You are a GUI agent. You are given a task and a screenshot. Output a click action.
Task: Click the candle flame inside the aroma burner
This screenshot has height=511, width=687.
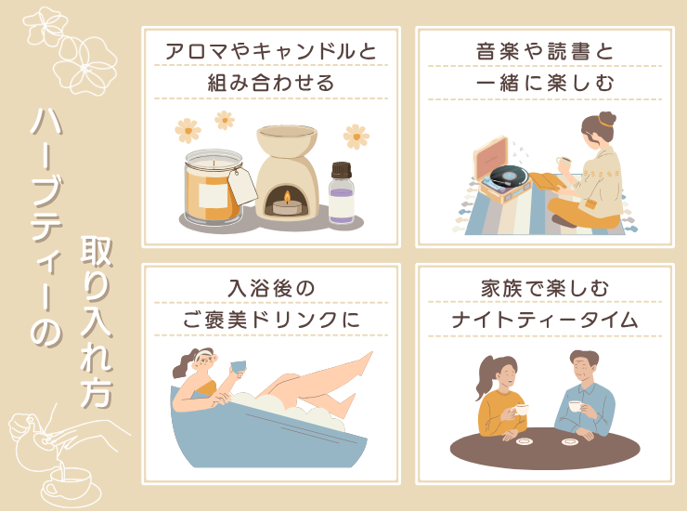click(x=287, y=198)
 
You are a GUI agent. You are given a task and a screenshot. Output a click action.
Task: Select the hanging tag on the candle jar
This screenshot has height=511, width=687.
click(x=242, y=186)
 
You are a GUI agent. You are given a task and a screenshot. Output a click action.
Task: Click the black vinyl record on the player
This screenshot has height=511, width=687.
click(x=509, y=176)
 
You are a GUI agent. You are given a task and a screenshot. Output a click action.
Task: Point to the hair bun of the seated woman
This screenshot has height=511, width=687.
click(x=607, y=119)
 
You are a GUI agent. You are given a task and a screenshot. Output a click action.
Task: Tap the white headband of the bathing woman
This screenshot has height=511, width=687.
click(x=203, y=354)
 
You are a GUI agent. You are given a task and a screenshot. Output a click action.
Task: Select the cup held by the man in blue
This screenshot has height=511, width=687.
click(x=575, y=406)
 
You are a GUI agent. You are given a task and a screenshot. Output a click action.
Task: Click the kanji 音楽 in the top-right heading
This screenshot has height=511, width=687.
click(x=499, y=51)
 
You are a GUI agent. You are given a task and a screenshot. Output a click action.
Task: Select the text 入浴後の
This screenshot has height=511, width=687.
click(x=271, y=289)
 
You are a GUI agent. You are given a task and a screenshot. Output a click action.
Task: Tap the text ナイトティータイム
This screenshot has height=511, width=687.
click(x=545, y=320)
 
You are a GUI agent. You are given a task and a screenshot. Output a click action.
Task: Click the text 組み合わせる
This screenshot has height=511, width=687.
click(x=271, y=83)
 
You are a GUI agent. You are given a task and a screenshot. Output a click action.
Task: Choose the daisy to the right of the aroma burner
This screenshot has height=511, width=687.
click(x=356, y=137)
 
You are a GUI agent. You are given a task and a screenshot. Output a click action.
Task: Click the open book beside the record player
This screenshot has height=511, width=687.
click(x=547, y=181)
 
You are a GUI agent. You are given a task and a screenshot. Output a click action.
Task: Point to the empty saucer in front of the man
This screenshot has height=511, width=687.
click(x=569, y=441)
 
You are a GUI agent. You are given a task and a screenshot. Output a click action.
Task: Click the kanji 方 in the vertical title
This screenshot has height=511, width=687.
click(x=97, y=391)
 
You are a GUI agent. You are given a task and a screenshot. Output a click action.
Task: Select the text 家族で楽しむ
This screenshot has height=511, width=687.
click(x=545, y=289)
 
